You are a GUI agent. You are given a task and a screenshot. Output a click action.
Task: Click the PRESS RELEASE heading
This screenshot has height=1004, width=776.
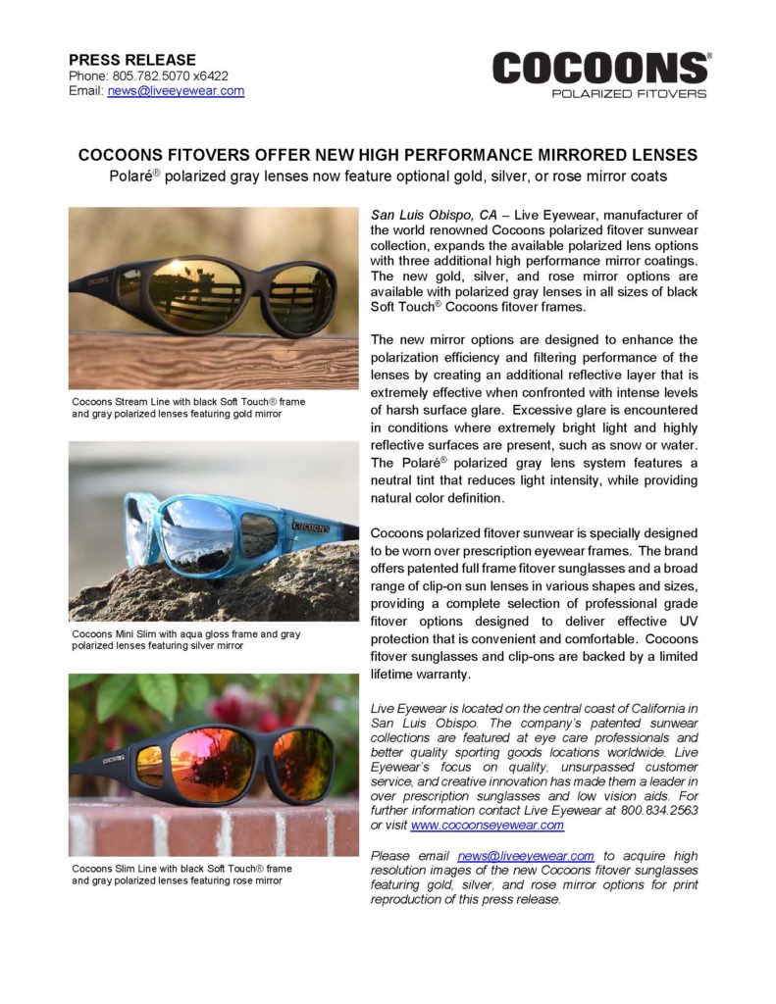point(131,60)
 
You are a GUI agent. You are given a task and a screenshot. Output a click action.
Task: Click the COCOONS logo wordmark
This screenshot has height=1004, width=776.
point(599,69)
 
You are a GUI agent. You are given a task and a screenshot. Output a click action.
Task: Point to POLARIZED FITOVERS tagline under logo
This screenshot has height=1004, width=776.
point(629,94)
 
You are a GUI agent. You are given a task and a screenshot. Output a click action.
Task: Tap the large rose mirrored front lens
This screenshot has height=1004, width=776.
point(212,764)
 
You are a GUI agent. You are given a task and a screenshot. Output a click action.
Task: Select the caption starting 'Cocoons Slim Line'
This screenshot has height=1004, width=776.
point(181,874)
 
